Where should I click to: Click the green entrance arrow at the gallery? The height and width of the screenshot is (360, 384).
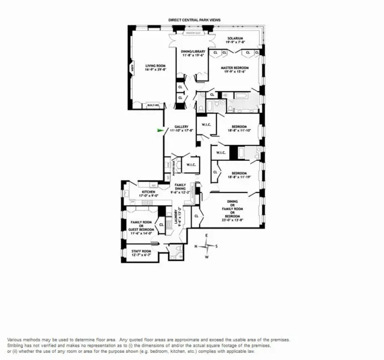click(160, 129)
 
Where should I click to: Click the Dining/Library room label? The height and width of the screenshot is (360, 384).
click(194, 53)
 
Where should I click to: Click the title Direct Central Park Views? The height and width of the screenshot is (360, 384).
click(194, 20)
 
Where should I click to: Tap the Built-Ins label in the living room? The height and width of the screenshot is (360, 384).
click(154, 106)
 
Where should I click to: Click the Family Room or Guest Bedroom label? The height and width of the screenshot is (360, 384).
click(142, 227)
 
